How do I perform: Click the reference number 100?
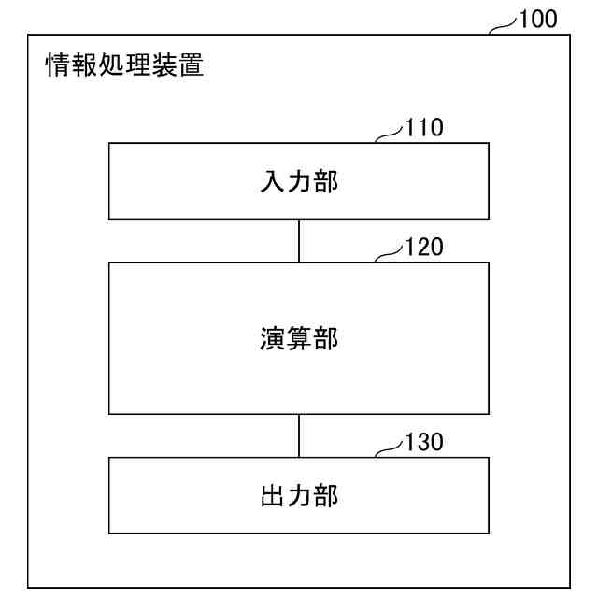pyautogui.click(x=539, y=18)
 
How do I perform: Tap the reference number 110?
pyautogui.click(x=424, y=128)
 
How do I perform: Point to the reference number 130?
pyautogui.click(x=424, y=443)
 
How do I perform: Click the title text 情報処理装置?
pyautogui.click(x=124, y=65)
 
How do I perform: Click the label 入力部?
pyautogui.click(x=299, y=180)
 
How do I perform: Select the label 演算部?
pyautogui.click(x=299, y=338)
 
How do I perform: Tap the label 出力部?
pyautogui.click(x=299, y=495)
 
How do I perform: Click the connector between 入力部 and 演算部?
pyautogui.click(x=299, y=240)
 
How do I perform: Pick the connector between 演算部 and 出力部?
pyautogui.click(x=299, y=435)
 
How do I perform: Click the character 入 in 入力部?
pyautogui.click(x=273, y=180)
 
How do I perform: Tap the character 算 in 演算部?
pyautogui.click(x=299, y=338)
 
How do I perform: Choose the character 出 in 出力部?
pyautogui.click(x=273, y=495)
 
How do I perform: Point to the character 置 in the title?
pyautogui.click(x=191, y=65)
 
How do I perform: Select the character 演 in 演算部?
pyautogui.click(x=273, y=338)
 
